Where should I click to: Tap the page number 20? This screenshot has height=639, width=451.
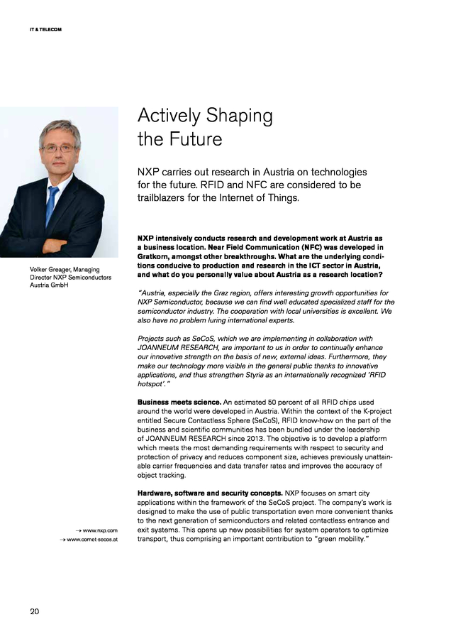point(35,611)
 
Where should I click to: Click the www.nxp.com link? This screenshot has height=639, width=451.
point(100,530)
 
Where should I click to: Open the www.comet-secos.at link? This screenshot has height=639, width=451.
point(92,540)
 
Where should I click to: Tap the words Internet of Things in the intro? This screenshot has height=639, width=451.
point(260,198)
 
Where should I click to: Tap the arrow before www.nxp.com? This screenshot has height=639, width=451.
point(78,530)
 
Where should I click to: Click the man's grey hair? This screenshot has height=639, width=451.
point(60,128)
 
